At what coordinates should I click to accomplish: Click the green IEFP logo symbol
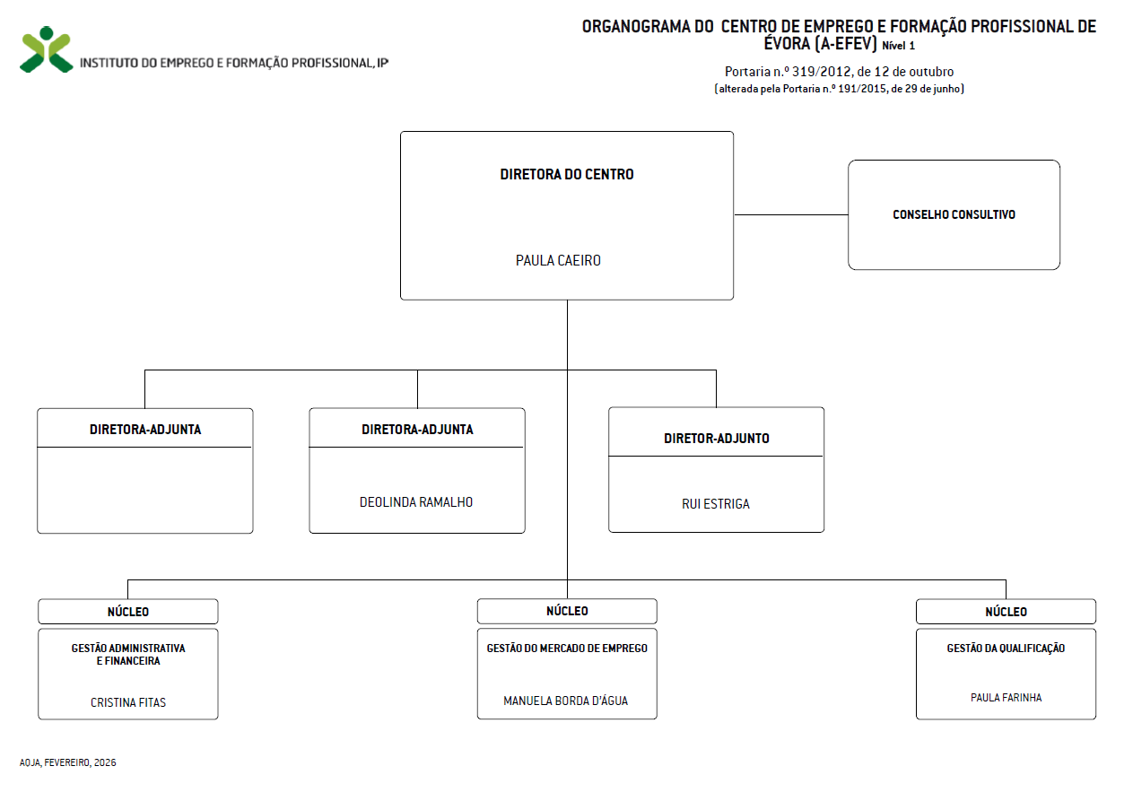[46, 49]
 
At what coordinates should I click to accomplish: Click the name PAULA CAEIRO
[558, 261]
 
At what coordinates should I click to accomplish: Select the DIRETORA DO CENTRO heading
[567, 175]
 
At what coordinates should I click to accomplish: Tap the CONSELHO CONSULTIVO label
[954, 215]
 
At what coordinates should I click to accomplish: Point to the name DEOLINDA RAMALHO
[416, 502]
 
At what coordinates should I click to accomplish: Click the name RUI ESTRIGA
[716, 504]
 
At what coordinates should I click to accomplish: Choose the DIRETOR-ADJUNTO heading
[716, 439]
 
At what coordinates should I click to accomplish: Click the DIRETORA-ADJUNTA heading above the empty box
[145, 430]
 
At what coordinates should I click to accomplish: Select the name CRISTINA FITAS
[128, 702]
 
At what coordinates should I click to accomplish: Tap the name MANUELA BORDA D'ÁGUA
[566, 701]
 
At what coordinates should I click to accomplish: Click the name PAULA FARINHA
[1007, 697]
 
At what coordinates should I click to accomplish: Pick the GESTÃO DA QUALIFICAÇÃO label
[1006, 649]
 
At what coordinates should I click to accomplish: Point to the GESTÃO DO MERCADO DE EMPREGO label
[567, 649]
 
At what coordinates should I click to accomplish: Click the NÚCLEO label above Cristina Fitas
[128, 612]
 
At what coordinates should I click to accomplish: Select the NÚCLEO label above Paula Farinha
[1006, 612]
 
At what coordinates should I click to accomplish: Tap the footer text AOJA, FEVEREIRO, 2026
[68, 762]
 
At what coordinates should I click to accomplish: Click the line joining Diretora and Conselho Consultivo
[790, 215]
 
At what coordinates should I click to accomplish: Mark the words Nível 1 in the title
[899, 45]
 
